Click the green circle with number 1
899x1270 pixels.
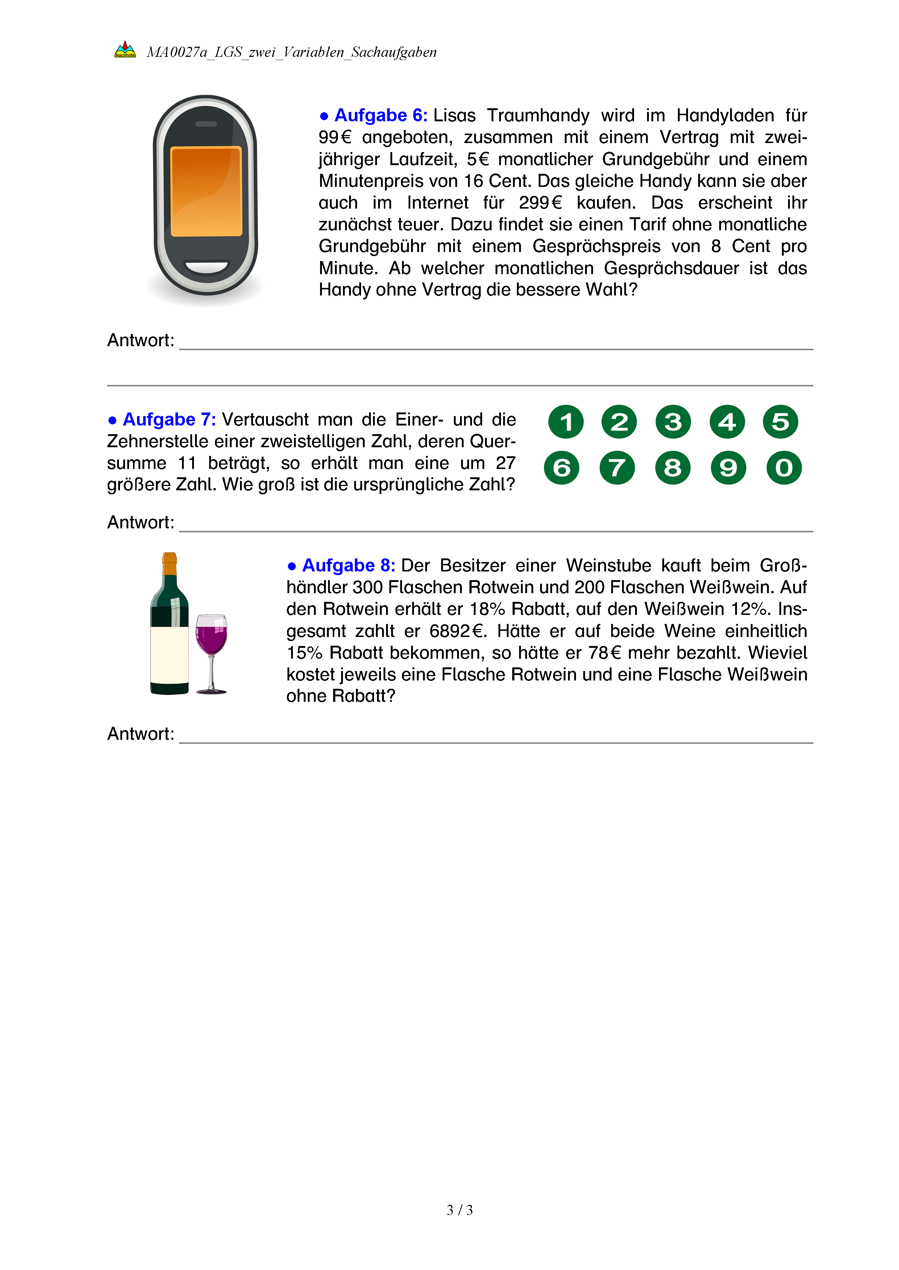click(566, 422)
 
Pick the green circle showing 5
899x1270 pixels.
click(780, 422)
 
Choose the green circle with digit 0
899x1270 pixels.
click(784, 468)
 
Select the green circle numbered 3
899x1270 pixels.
click(673, 422)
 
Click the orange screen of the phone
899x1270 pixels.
click(206, 191)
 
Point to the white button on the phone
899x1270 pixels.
click(206, 267)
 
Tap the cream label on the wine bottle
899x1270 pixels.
click(169, 655)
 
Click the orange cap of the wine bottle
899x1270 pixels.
click(169, 564)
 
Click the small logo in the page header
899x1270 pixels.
click(125, 50)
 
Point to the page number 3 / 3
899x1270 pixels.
click(459, 1210)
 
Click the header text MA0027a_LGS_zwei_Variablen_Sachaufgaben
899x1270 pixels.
click(292, 53)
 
